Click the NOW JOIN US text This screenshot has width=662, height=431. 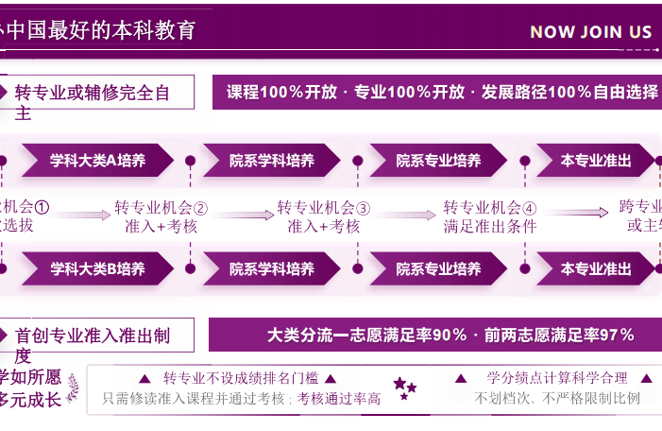click(591, 31)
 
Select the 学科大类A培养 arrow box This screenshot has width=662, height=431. click(97, 161)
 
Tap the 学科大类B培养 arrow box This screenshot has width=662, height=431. click(97, 268)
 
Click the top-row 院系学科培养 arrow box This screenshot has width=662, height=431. click(271, 161)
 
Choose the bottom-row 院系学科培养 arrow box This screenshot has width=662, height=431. click(271, 268)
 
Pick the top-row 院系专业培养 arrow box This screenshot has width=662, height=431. click(438, 161)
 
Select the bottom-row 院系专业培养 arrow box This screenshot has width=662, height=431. click(438, 268)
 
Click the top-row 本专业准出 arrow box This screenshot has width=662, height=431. click(595, 161)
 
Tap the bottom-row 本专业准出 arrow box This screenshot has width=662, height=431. click(595, 268)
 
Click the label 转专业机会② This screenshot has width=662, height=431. click(161, 207)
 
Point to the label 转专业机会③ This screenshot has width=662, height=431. click(324, 207)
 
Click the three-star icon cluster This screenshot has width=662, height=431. click(404, 388)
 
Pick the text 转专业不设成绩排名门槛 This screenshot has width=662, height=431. click(240, 379)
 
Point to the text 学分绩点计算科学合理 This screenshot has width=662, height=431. click(556, 379)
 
